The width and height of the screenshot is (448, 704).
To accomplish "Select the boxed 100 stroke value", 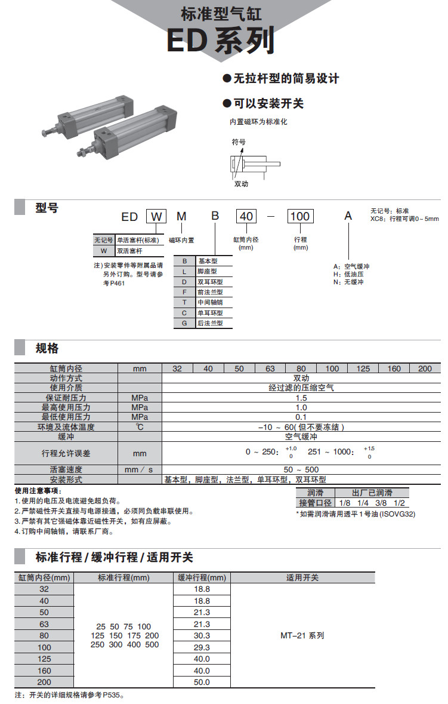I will pyautogui.click(x=300, y=216).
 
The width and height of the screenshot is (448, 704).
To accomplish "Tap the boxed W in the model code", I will pyautogui.click(x=157, y=216).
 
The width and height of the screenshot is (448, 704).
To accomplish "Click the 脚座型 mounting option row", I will pyautogui.click(x=210, y=271).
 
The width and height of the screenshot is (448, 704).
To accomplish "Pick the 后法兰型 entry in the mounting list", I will pyautogui.click(x=210, y=323).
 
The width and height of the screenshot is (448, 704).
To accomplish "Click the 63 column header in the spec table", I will pyautogui.click(x=270, y=368).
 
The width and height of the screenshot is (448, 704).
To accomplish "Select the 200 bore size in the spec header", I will pyautogui.click(x=425, y=368).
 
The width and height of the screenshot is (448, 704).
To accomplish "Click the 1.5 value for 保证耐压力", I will pyautogui.click(x=301, y=398).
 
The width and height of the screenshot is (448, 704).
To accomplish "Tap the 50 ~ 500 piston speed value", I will pyautogui.click(x=301, y=470).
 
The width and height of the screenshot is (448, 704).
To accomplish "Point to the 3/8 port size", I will pyautogui.click(x=380, y=503).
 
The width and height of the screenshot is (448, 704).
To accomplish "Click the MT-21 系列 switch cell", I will pyautogui.click(x=302, y=635).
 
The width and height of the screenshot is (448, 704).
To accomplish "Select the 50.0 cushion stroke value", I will pyautogui.click(x=202, y=682).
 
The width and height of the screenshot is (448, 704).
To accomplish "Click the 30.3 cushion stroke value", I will pyautogui.click(x=202, y=635).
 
